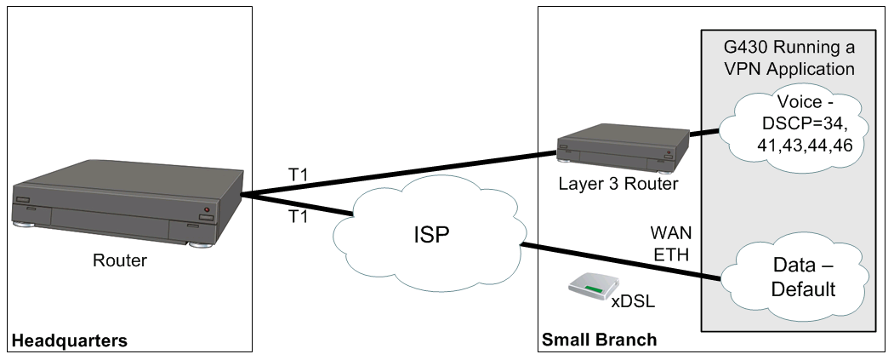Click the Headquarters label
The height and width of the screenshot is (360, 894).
click(70, 340)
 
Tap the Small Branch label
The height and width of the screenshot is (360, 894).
click(599, 340)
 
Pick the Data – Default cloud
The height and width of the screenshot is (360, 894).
click(794, 277)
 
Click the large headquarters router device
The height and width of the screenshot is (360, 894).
click(128, 203)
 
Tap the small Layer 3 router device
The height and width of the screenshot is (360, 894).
click(624, 147)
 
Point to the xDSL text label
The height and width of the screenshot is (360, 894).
click(633, 300)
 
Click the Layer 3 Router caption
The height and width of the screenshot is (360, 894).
click(618, 185)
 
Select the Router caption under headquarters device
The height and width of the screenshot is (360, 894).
click(120, 260)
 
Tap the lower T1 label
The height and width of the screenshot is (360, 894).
click(298, 217)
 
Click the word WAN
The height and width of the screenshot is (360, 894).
click(671, 233)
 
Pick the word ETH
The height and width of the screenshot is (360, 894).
click(671, 255)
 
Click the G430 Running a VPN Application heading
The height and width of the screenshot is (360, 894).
click(789, 58)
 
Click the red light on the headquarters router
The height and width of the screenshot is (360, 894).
click(207, 210)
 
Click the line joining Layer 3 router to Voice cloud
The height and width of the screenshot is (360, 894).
click(704, 134)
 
